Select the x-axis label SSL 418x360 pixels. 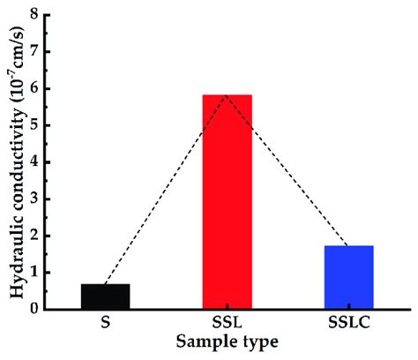click(228, 323)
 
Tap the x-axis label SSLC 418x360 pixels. click(349, 323)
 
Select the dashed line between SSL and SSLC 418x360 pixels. click(288, 170)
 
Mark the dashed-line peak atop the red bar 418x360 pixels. click(228, 94)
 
